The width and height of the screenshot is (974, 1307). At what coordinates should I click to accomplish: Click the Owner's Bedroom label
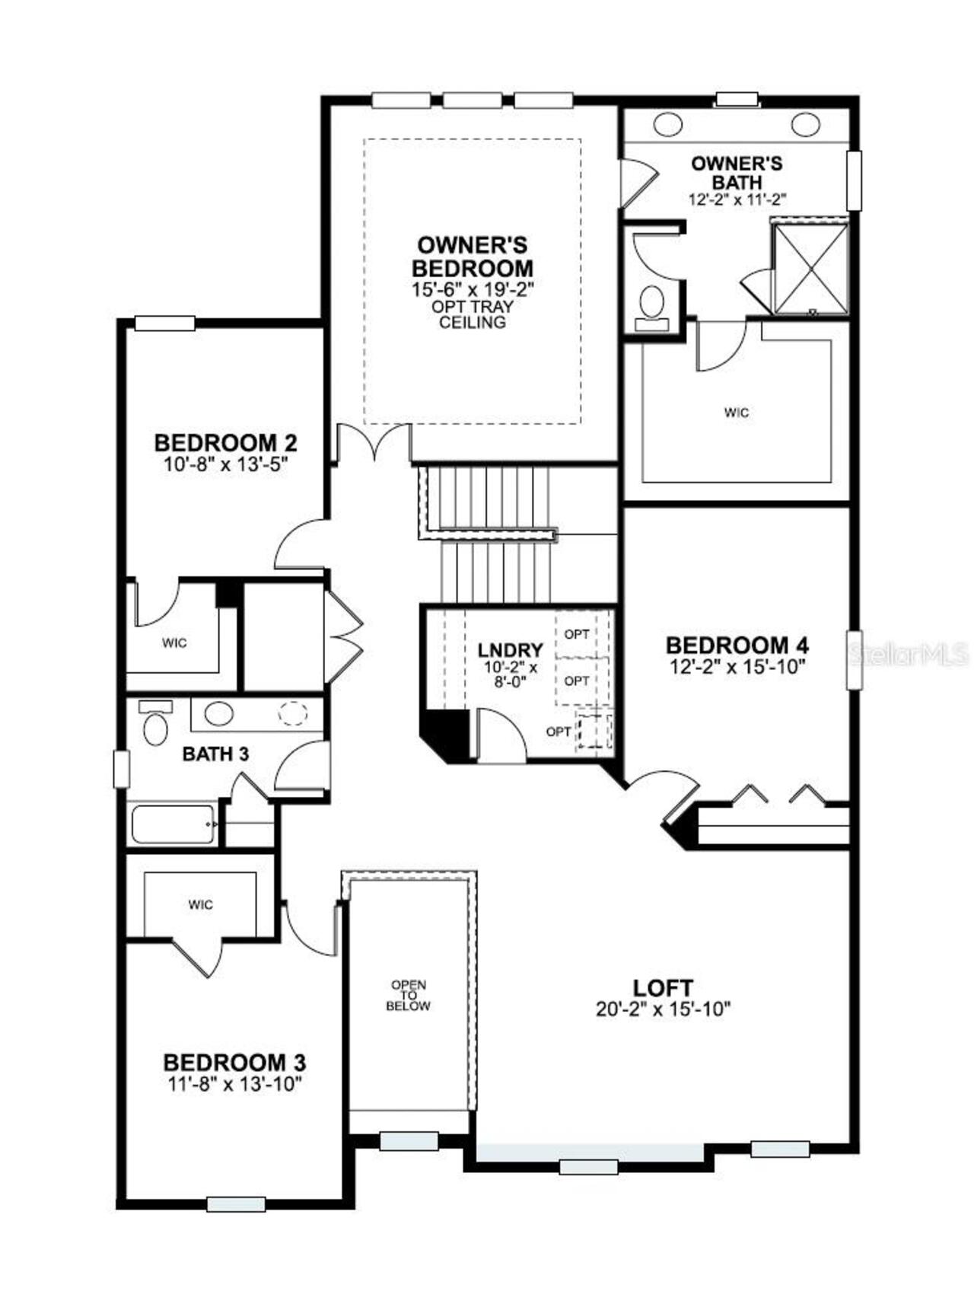(x=472, y=257)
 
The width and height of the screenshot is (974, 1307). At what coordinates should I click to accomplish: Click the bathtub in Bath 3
(x=173, y=824)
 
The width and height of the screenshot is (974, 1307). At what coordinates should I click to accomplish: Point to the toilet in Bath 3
(x=155, y=727)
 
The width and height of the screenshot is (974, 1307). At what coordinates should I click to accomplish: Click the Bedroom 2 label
(x=225, y=442)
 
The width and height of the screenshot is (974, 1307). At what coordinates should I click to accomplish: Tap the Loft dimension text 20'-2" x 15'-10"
(x=663, y=1009)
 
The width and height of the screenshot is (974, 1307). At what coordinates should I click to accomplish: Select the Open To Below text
(x=408, y=995)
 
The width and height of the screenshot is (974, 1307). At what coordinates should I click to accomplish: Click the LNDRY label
(x=510, y=650)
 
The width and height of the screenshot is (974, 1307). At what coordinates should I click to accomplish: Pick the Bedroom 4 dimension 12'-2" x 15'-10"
(x=737, y=665)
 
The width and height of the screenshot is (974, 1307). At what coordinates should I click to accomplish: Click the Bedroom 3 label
(x=234, y=1062)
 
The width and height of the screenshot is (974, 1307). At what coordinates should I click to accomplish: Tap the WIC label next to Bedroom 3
(x=201, y=904)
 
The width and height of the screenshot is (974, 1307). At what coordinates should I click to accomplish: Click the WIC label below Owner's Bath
(x=736, y=413)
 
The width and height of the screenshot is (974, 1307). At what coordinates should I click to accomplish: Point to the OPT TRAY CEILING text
(x=472, y=314)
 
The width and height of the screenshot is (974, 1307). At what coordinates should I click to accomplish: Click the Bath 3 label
(x=215, y=754)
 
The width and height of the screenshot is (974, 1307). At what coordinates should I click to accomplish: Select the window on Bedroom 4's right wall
(x=855, y=659)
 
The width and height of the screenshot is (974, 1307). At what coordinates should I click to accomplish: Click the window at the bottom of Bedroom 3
(x=236, y=1203)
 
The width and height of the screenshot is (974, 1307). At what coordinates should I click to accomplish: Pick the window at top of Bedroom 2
(x=164, y=324)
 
